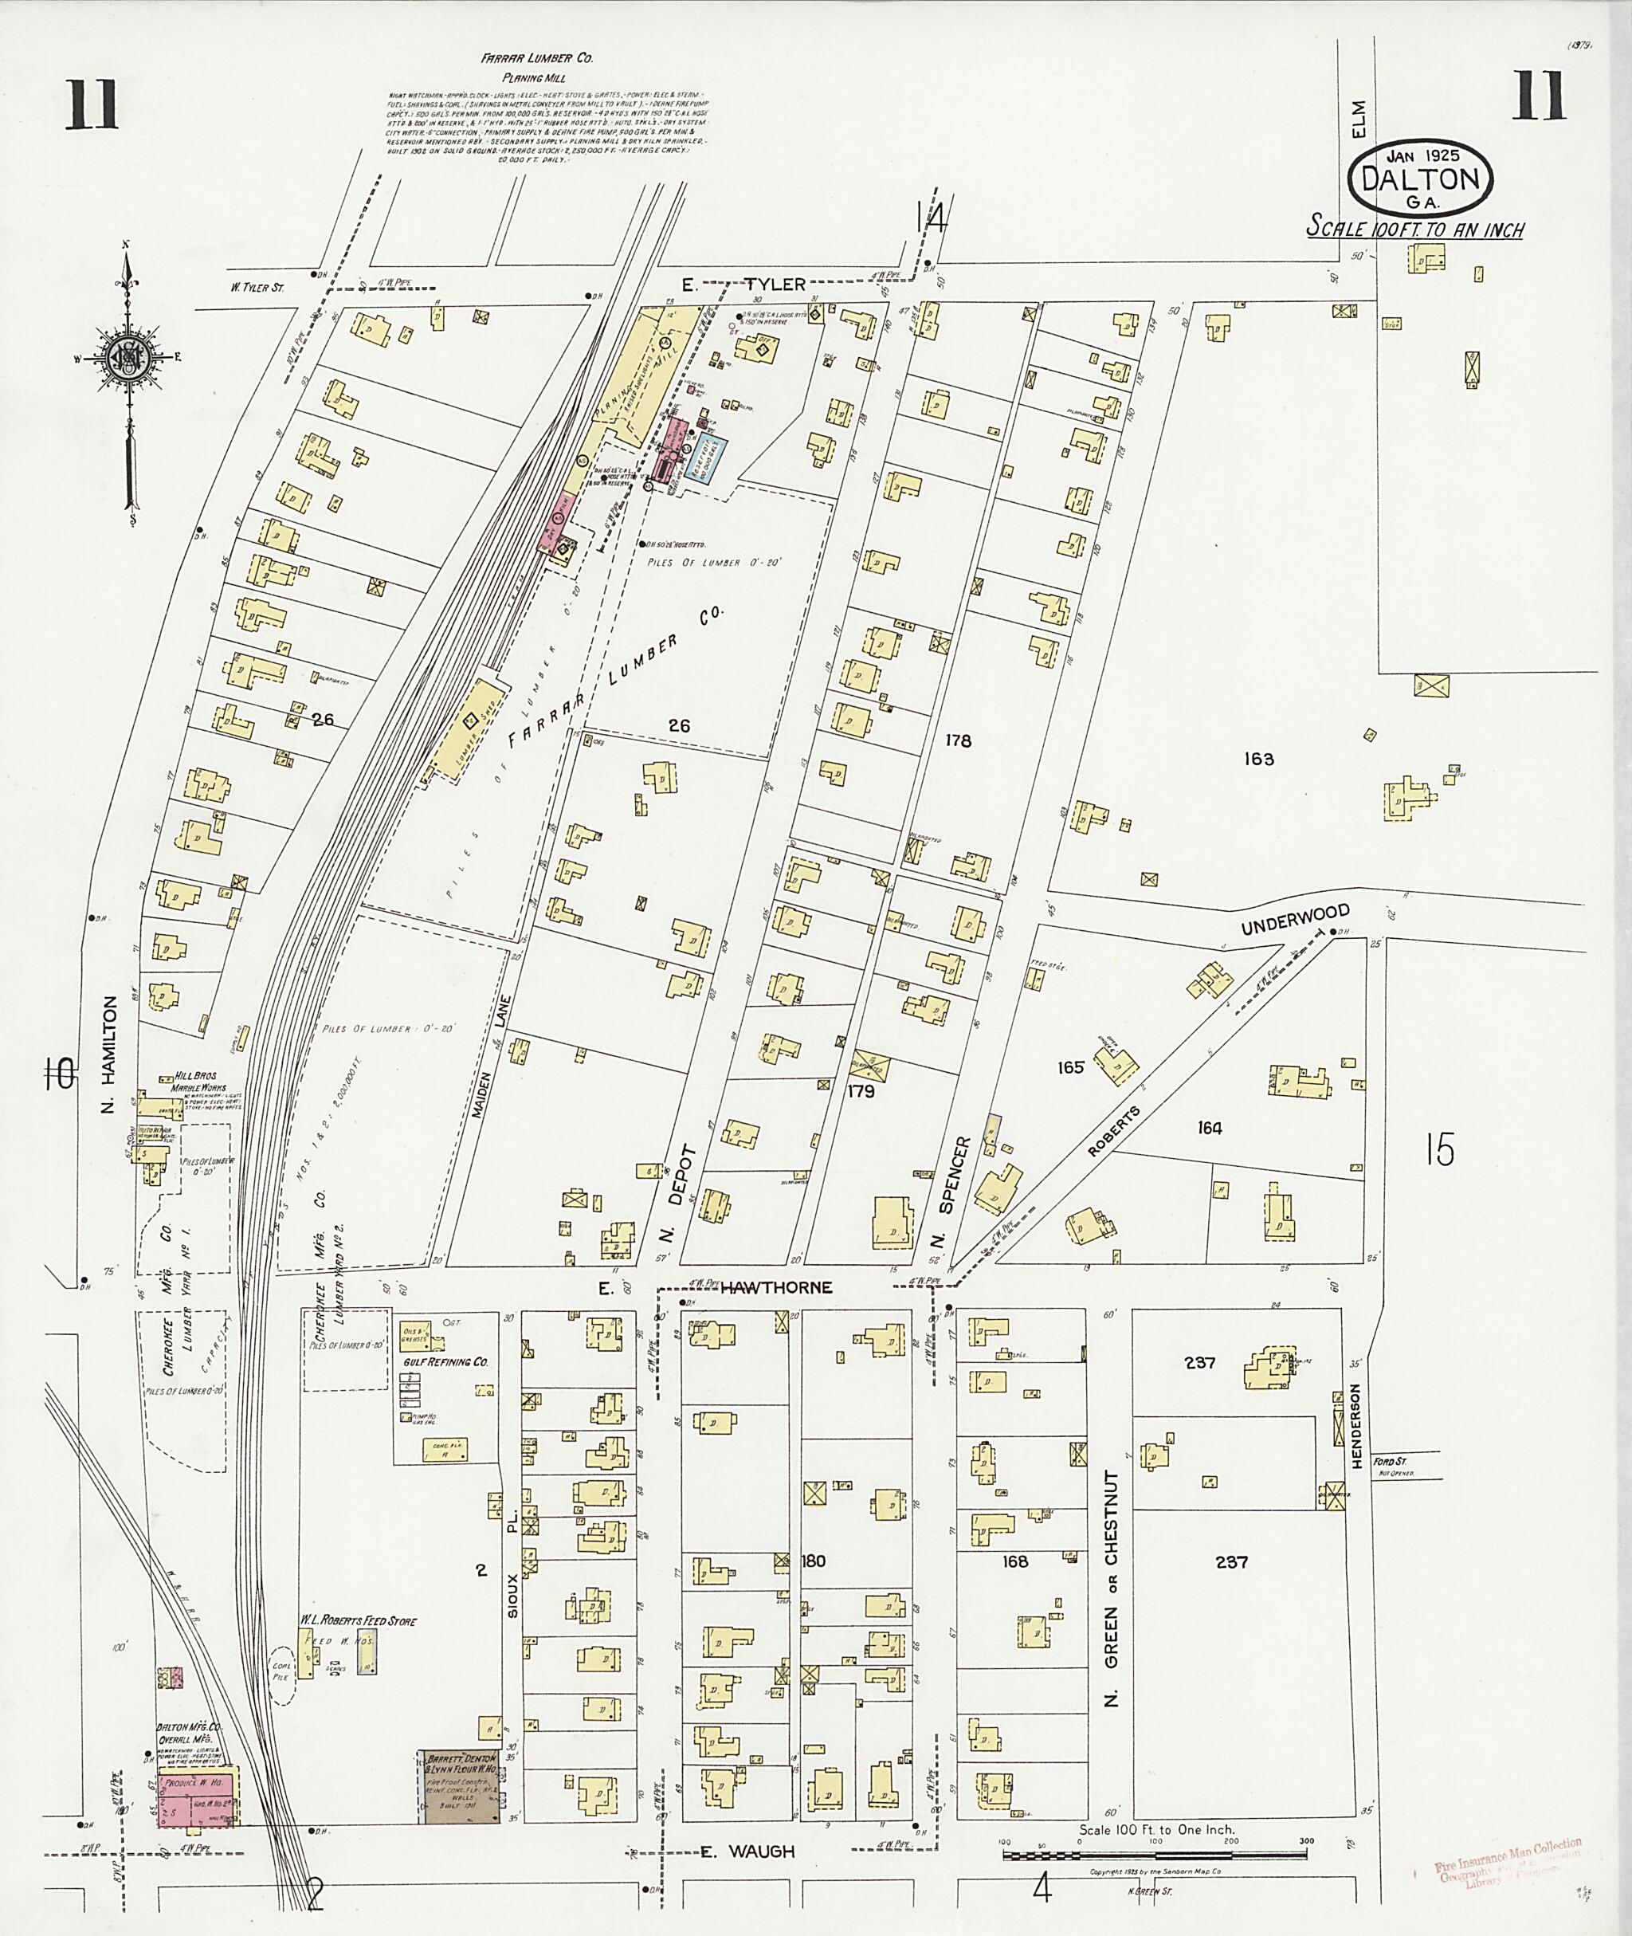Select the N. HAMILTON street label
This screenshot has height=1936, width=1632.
click(109, 1054)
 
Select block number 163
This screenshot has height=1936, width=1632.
click(1258, 759)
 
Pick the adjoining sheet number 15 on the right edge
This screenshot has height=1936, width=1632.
click(1440, 1150)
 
